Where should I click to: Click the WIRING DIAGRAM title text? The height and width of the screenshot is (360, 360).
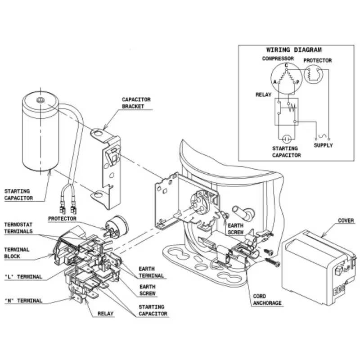point(294,50)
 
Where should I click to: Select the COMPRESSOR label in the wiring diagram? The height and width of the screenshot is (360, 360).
point(278,59)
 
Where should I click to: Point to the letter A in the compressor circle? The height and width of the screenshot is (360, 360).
point(274,82)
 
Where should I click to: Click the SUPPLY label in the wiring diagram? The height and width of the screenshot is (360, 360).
point(323,145)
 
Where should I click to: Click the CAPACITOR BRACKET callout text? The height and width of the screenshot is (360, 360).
point(136,103)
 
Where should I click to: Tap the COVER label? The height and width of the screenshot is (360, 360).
point(346,221)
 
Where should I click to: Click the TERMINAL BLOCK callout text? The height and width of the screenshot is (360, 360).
point(17,252)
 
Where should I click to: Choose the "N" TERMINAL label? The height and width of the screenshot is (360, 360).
point(23,301)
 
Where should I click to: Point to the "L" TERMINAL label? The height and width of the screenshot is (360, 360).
point(23,277)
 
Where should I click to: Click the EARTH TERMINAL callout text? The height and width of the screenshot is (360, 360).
point(152,272)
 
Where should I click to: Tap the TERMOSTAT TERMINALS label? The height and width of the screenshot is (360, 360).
point(18,228)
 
